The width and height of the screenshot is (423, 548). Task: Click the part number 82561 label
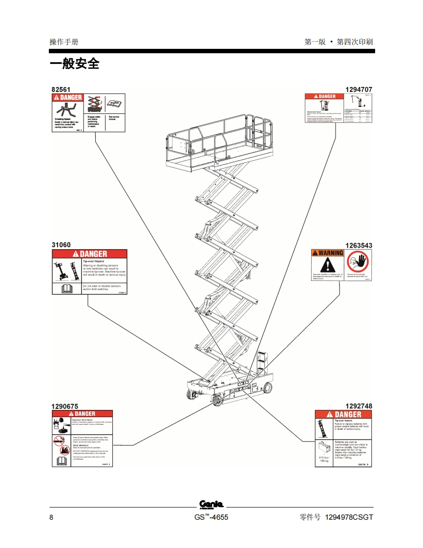pos(61,89)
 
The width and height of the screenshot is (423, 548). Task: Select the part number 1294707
pos(359,89)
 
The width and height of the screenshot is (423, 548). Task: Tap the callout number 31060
pos(61,245)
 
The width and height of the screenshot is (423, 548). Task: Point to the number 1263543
pos(359,245)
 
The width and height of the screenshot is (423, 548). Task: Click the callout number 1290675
pos(65,406)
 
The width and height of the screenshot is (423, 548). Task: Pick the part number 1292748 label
pos(359,406)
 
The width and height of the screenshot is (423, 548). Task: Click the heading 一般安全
pos(74,64)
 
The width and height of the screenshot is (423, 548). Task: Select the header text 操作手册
pos(64,42)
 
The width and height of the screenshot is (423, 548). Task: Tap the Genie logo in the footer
pos(211,504)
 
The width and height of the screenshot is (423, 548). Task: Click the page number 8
pos(52,518)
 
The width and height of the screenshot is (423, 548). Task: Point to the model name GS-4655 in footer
pos(211,518)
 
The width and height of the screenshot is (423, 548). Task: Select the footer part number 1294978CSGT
pos(349,518)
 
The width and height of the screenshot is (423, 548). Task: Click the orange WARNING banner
pos(328,253)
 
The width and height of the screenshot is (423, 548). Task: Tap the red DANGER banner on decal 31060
pos(90,254)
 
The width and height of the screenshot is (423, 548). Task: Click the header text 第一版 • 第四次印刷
pos(338,42)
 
